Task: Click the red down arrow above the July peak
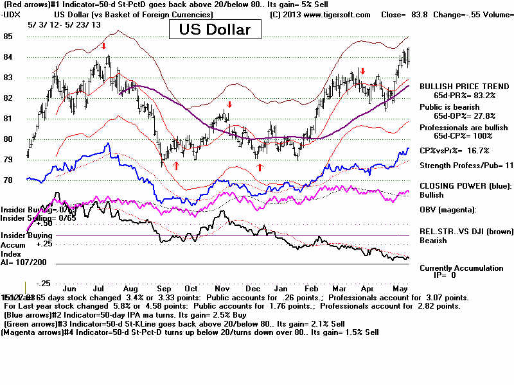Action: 103,46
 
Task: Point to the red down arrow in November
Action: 229,104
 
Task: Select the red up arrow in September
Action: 175,166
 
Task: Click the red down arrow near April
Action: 362,71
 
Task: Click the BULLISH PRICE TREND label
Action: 460,85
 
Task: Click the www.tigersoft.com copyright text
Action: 321,13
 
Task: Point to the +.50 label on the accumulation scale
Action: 44,223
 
